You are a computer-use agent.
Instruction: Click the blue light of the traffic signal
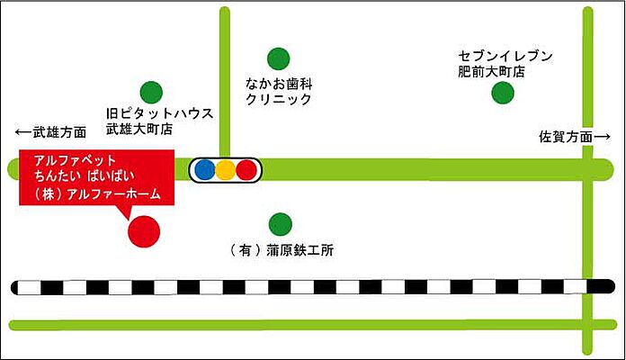point(204,168)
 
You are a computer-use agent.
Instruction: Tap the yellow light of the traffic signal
point(225,168)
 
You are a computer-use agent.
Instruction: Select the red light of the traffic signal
point(246,168)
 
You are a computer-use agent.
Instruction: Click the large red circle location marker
point(144,231)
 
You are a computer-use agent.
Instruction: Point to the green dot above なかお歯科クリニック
point(279,58)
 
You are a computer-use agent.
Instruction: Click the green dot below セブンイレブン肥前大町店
point(503,92)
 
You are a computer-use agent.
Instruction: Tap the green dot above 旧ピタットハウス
point(151,91)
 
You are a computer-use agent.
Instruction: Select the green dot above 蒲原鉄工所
point(280,221)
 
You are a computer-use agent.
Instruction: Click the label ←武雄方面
point(51,132)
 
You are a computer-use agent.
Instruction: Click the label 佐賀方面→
point(574,137)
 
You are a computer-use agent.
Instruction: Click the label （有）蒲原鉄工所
point(282,251)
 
